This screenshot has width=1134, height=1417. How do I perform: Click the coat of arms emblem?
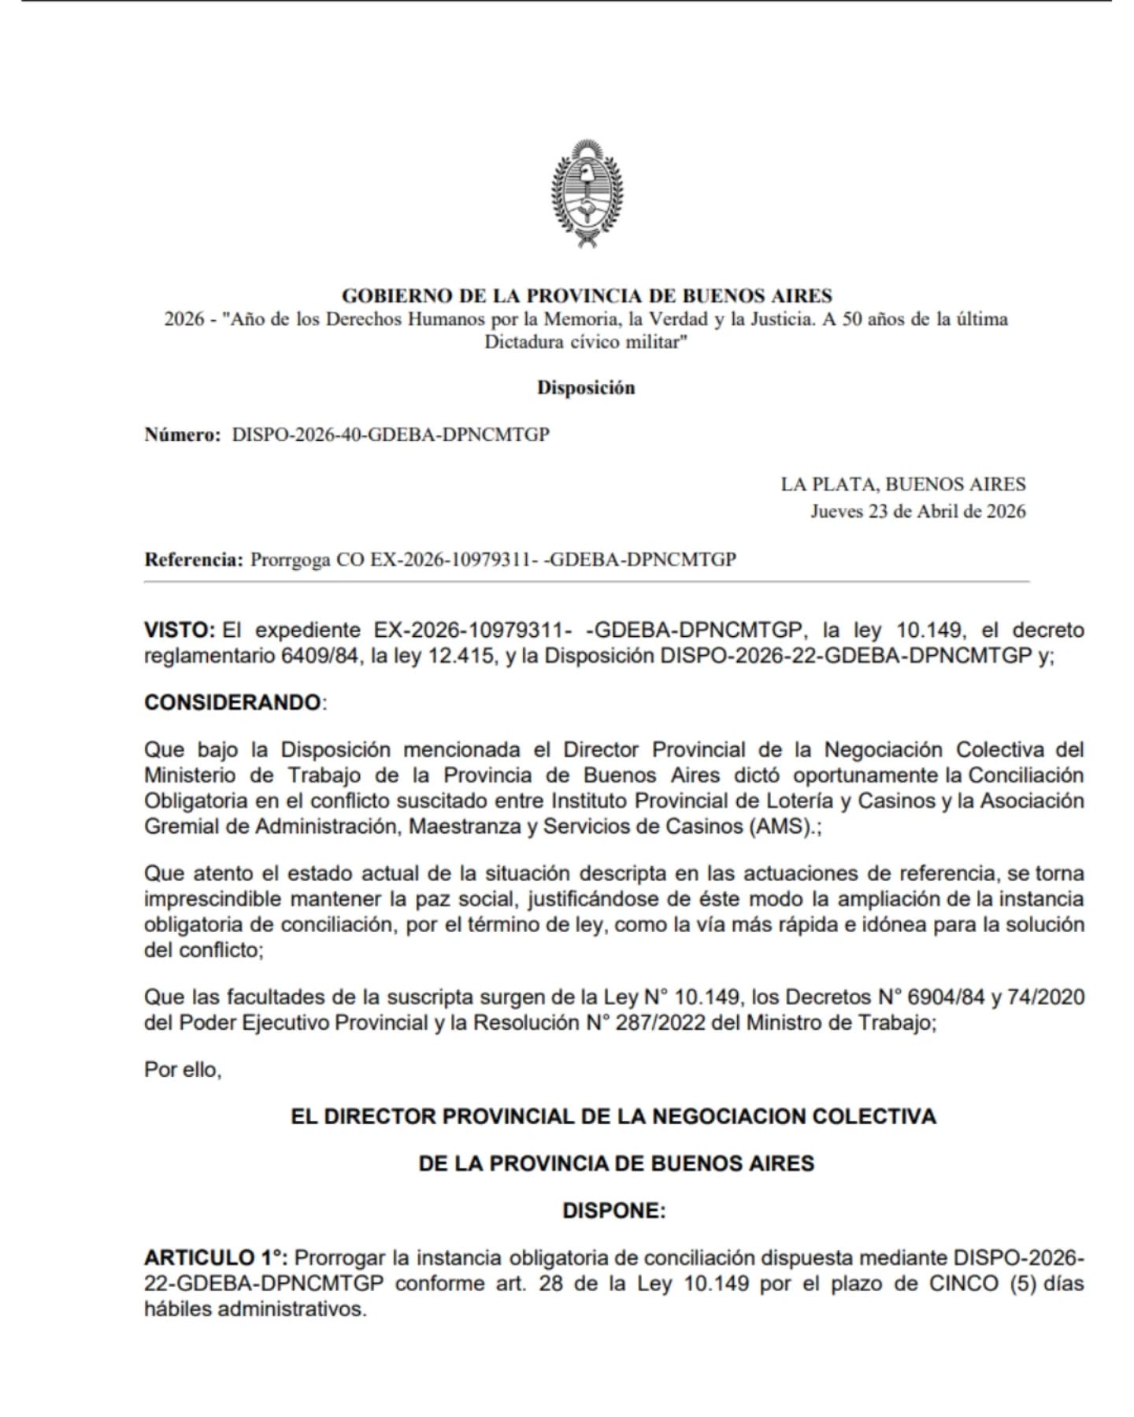586,194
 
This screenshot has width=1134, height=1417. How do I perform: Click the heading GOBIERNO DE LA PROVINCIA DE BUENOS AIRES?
587,296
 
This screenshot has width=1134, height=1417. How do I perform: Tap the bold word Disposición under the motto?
586,387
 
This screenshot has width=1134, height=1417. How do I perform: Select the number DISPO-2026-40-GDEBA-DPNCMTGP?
391,435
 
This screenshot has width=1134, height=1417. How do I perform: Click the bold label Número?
183,435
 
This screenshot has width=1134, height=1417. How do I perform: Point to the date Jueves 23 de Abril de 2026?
918,511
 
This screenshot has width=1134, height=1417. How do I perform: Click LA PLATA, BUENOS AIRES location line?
903,484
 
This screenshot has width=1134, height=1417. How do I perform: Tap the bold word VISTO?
180,630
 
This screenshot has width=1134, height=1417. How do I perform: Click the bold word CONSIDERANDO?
233,702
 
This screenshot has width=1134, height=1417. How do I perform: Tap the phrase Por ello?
183,1070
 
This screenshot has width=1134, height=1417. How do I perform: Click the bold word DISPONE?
614,1210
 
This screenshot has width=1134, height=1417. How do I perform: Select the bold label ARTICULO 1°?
216,1257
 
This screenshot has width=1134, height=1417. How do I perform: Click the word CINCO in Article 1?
965,1283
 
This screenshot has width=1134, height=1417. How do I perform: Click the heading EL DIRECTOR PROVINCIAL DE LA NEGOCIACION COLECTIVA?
613,1116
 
